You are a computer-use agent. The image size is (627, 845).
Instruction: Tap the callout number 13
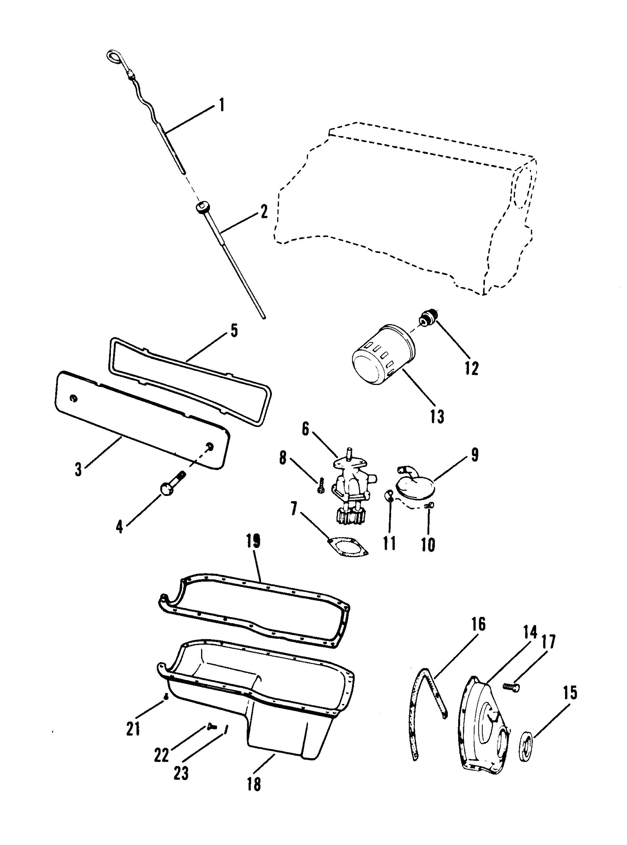pyautogui.click(x=437, y=416)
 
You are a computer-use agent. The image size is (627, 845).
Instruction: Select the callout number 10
pyautogui.click(x=428, y=545)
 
